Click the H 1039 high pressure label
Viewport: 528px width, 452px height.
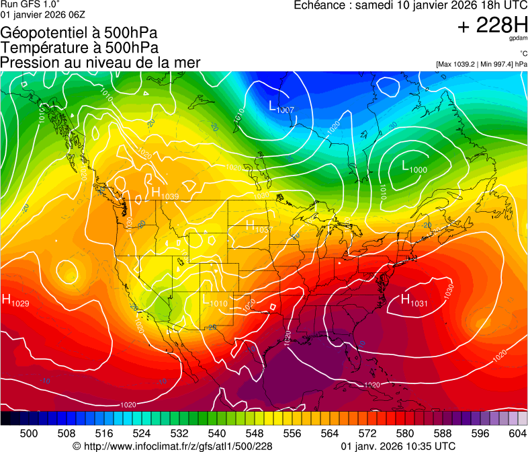pos(165,194)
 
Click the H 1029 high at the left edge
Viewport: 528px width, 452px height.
pos(15,301)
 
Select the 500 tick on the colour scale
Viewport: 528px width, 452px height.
pos(29,433)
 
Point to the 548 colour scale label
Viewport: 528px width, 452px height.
pos(255,433)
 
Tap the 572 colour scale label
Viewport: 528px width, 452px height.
pos(367,433)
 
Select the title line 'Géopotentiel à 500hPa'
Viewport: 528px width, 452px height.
pos(79,33)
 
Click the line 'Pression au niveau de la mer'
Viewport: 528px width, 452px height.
pos(101,63)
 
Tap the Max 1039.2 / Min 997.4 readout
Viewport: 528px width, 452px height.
pos(482,65)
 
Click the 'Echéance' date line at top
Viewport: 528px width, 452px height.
pos(410,5)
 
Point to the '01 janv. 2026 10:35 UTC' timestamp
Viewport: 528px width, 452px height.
pos(398,446)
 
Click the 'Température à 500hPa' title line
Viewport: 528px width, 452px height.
pos(79,48)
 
